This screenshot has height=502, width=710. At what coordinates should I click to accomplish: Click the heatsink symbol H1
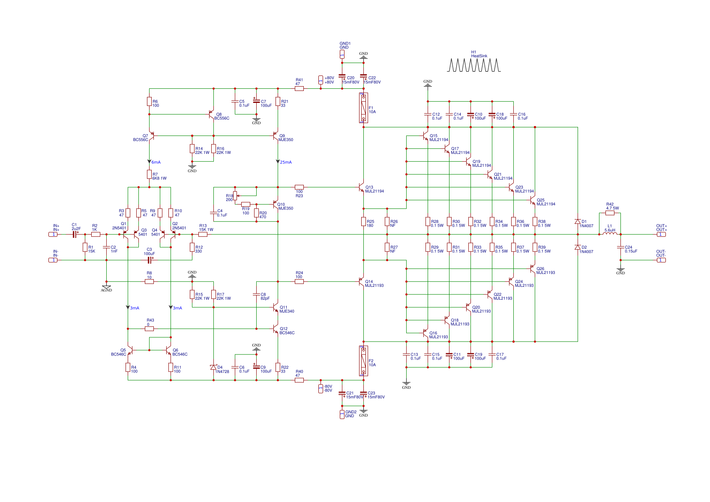473,65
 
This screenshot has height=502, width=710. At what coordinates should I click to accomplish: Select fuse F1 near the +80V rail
363,108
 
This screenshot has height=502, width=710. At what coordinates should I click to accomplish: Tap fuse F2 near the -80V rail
363,361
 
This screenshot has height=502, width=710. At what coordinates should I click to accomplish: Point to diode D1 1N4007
577,222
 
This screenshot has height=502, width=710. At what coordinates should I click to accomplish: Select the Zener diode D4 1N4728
213,367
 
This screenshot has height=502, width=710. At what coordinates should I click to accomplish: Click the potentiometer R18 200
235,196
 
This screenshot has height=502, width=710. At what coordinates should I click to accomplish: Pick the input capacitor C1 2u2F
75,234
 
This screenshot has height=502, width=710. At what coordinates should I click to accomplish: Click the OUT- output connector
661,260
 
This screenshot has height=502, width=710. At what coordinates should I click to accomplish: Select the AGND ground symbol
106,288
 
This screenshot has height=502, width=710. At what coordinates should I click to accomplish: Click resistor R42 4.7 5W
610,213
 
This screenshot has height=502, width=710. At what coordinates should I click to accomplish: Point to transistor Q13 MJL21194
361,187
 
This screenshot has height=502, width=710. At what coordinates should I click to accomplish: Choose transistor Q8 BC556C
211,114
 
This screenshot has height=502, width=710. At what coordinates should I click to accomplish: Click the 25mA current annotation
285,162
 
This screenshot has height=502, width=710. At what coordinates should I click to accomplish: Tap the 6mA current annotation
155,162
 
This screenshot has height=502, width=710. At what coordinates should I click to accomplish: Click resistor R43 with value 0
149,329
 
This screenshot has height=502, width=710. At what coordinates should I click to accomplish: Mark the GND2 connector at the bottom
342,414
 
